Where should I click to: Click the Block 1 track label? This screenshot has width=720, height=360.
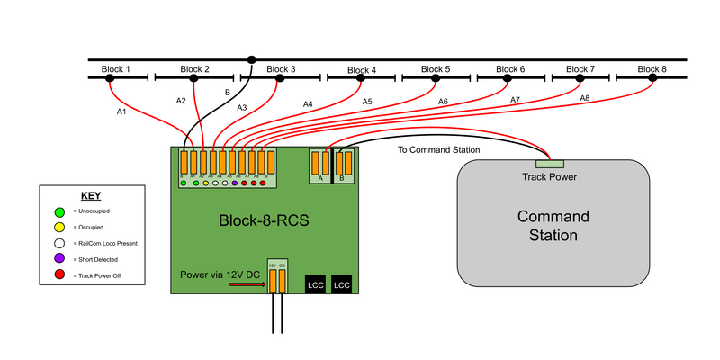point(114,69)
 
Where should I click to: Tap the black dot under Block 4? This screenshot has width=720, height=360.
point(361,79)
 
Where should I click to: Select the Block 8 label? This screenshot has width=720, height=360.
point(652,69)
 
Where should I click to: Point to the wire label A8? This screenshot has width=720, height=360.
point(584,97)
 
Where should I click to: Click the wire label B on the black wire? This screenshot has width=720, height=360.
point(227,92)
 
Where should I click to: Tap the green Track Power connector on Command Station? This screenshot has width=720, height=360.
point(549,163)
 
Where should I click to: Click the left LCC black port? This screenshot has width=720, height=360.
point(316,283)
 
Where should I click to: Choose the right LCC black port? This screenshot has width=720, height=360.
point(343,283)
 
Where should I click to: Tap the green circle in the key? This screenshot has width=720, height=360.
point(58,211)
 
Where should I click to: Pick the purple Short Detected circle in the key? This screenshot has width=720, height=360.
point(58,259)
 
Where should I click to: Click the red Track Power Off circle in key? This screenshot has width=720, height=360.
point(58,275)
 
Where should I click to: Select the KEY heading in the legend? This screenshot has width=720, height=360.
point(91,194)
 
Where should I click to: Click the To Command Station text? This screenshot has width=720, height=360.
point(438,149)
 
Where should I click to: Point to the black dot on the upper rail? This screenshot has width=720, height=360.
point(252,60)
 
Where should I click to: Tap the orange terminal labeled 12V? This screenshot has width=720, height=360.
point(272,281)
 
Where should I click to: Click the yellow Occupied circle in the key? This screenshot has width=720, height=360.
point(58,227)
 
